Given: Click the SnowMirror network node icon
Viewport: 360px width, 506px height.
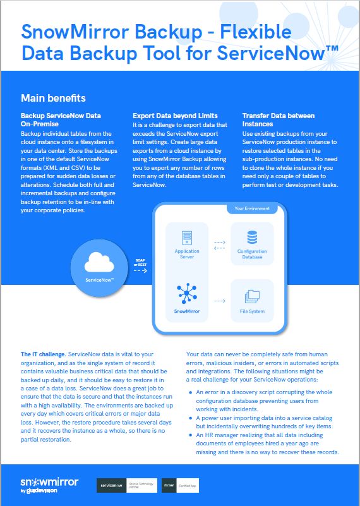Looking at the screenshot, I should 186,294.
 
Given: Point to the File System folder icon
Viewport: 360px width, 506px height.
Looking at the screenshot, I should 252,295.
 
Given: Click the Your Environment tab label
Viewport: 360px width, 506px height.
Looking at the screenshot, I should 252,208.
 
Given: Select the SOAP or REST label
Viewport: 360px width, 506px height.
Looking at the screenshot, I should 140,262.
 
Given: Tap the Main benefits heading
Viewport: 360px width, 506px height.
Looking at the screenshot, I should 53,99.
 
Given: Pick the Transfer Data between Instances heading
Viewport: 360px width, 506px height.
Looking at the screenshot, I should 278,120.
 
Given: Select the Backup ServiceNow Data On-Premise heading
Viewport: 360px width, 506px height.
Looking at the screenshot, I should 61,120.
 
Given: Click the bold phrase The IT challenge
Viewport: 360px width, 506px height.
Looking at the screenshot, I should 43,355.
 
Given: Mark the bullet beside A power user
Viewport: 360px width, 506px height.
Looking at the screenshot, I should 191,418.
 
